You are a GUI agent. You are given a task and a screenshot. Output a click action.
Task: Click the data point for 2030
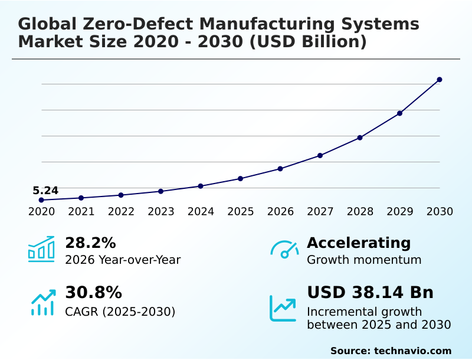[x=440, y=80]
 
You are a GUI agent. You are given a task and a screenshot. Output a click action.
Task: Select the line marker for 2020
[x=41, y=200]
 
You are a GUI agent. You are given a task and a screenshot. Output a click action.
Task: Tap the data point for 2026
[x=280, y=169]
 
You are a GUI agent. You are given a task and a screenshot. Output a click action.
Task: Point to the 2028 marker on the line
[x=360, y=138]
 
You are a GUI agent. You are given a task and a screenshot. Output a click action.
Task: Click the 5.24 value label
[x=45, y=191]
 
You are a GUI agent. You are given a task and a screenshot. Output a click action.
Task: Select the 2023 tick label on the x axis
[x=161, y=212]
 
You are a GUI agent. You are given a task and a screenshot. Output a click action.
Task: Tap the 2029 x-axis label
[x=400, y=212]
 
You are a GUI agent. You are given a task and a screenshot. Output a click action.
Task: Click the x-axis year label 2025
[x=241, y=212]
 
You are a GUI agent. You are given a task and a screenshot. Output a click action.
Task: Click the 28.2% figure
[x=90, y=243]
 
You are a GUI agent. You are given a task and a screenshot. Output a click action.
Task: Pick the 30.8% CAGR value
[x=93, y=293]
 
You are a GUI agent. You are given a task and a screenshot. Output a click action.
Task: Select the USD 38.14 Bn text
[x=370, y=293]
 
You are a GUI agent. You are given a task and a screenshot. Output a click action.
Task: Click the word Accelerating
[x=359, y=243]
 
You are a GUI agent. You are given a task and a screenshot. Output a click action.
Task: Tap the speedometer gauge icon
[x=284, y=250]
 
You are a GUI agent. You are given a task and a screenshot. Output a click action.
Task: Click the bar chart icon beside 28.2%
[x=41, y=249]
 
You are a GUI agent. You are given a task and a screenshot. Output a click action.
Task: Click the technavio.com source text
[x=391, y=351]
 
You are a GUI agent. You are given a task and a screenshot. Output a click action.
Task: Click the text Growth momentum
[x=364, y=260]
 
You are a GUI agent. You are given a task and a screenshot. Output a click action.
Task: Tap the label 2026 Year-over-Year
[x=123, y=260]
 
